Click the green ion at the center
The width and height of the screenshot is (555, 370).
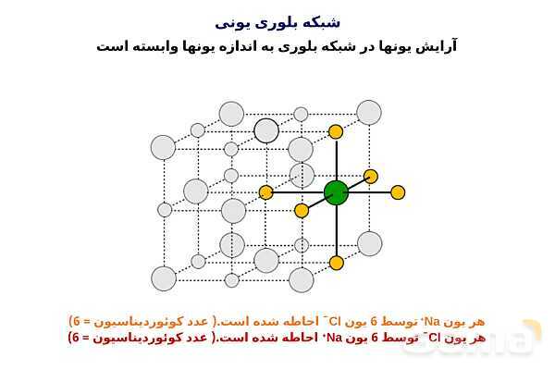pyautogui.click(x=336, y=192)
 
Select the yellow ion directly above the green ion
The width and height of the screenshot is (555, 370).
pyautogui.click(x=336, y=131)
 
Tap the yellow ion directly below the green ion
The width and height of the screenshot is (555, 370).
pyautogui.click(x=336, y=253)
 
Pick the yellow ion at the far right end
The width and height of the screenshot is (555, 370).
pyautogui.click(x=398, y=192)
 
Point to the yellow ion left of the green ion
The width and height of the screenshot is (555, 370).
pyautogui.click(x=266, y=192)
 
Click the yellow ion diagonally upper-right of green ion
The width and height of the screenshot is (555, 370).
pyautogui.click(x=371, y=176)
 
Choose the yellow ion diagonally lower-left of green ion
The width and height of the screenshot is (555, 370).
pyautogui.click(x=302, y=210)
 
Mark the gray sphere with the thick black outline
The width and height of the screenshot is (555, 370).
pyautogui.click(x=266, y=130)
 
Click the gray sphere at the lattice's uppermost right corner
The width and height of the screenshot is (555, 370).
pyautogui.click(x=369, y=113)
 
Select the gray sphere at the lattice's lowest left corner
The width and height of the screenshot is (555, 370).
pyautogui.click(x=164, y=278)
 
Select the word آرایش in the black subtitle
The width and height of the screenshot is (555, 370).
pyautogui.click(x=435, y=46)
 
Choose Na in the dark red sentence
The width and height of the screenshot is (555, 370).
pyautogui.click(x=334, y=338)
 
